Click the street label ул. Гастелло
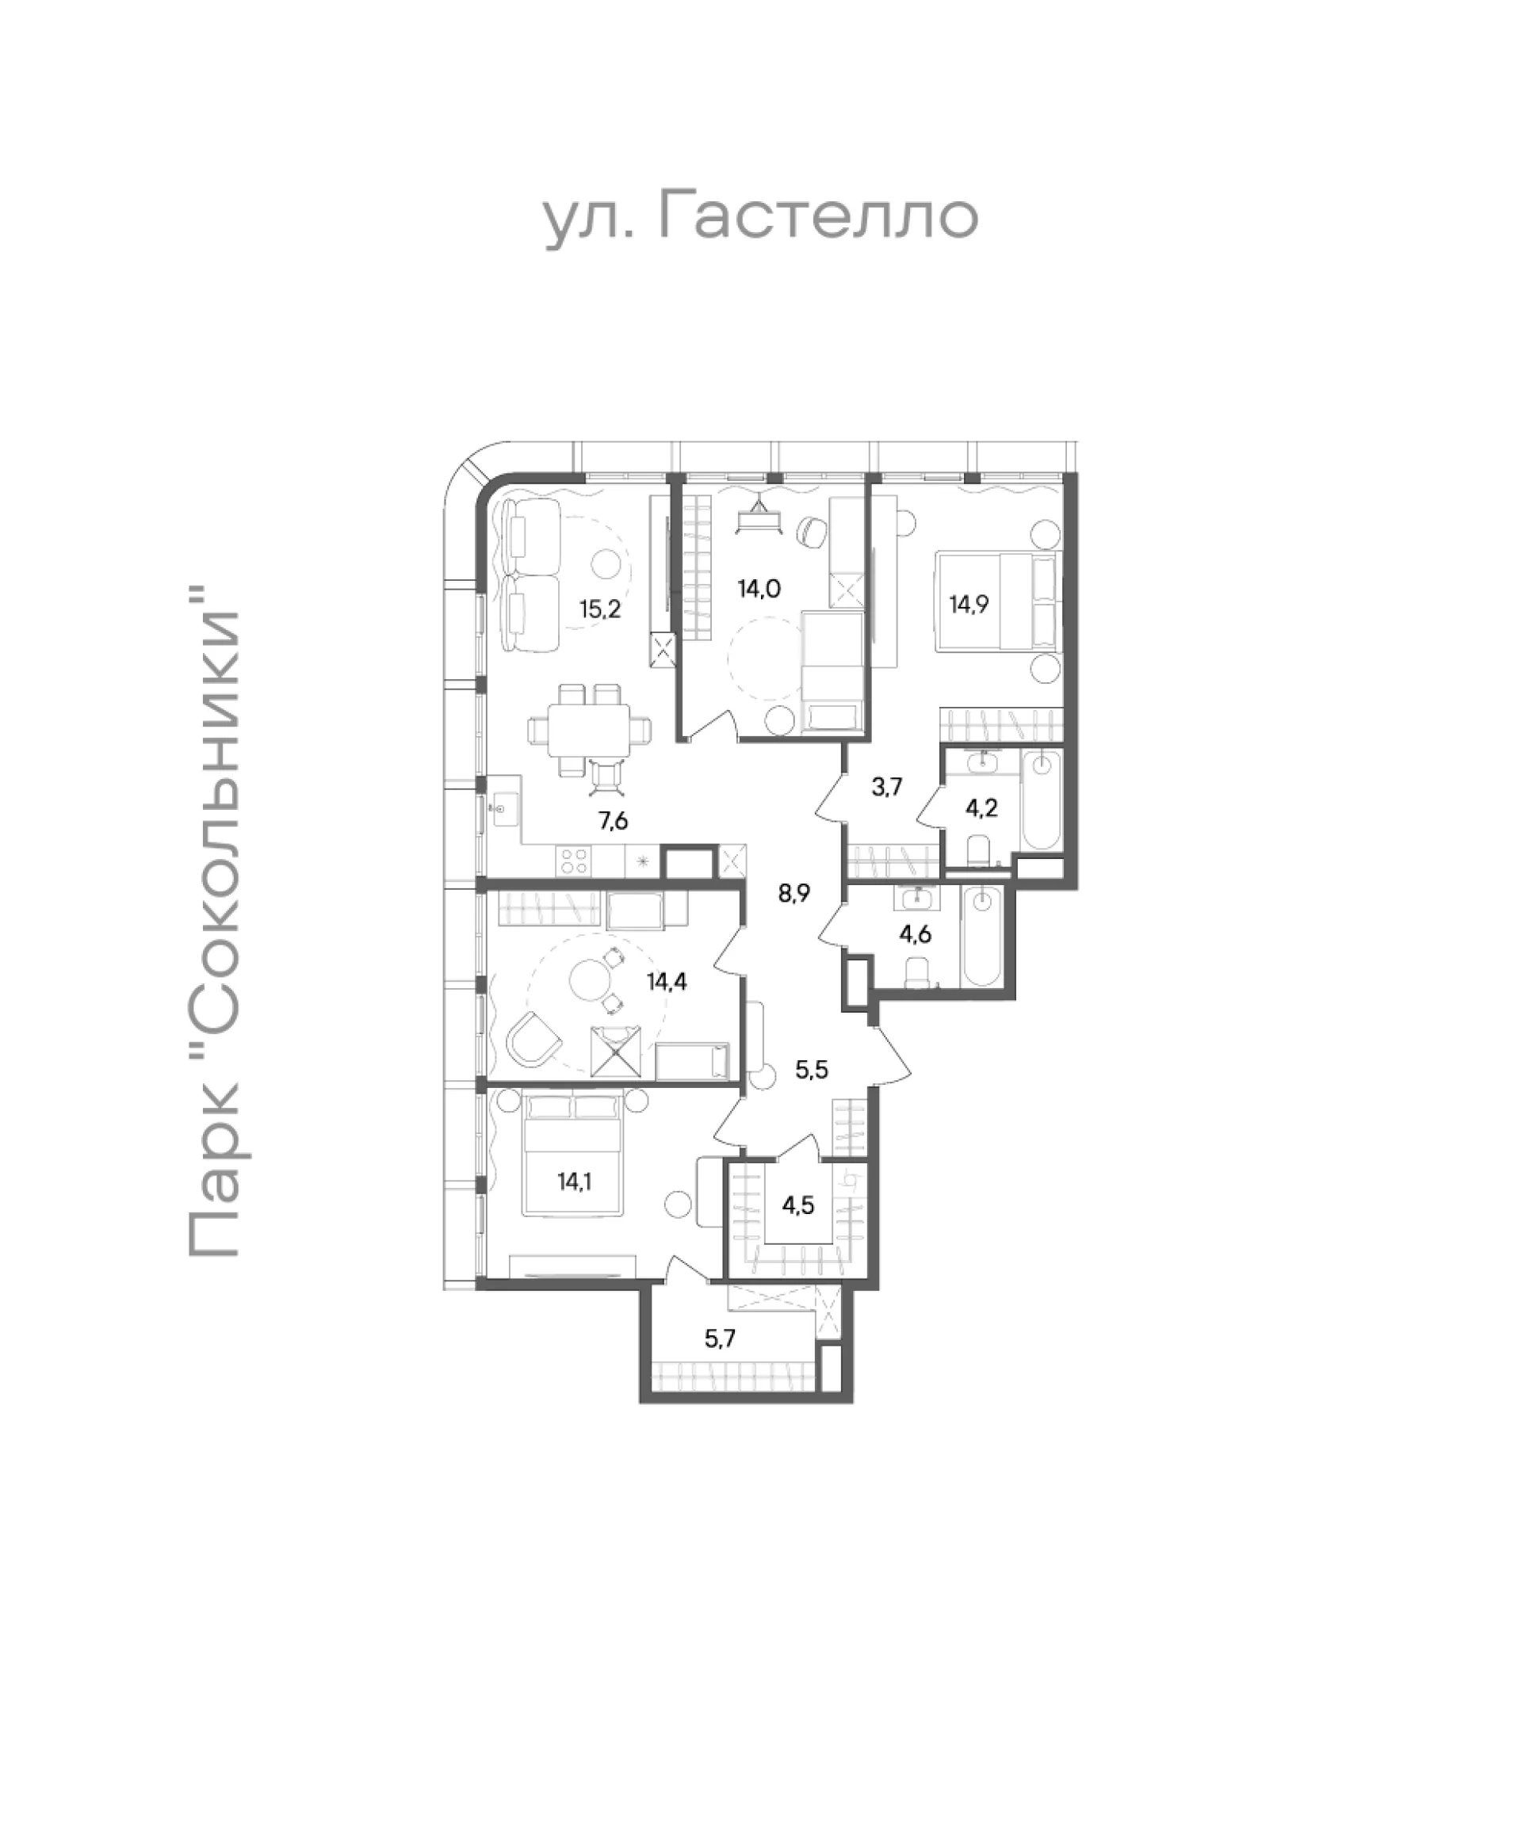(x=760, y=219)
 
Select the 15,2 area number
(x=601, y=609)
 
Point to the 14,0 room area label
(x=759, y=588)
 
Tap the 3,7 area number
(x=886, y=788)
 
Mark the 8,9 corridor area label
(x=794, y=894)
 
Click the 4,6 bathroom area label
(x=915, y=934)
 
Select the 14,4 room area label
(x=667, y=981)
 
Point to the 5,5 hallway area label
(x=811, y=1070)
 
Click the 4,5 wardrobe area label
(x=797, y=1205)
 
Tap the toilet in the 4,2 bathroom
(x=978, y=850)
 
